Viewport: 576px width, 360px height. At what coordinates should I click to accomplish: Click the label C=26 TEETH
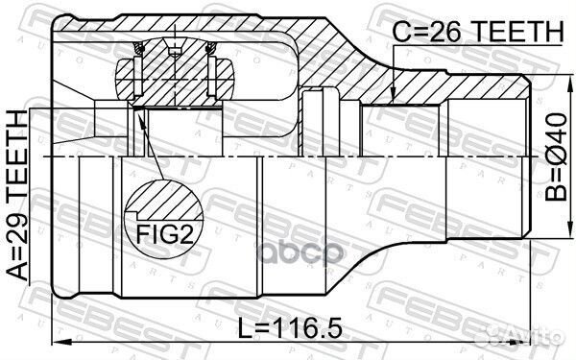476,32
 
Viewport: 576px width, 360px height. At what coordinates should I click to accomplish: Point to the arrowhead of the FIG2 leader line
138,116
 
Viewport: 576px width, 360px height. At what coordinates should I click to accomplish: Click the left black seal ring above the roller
127,68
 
